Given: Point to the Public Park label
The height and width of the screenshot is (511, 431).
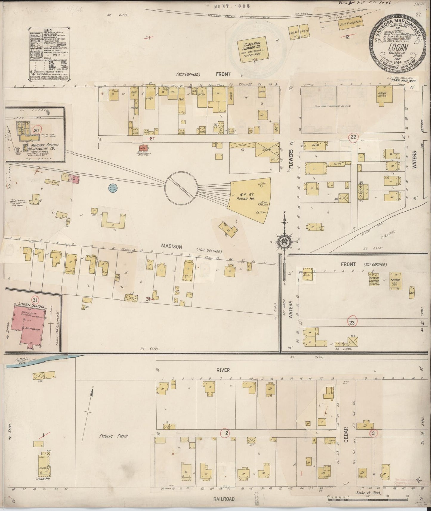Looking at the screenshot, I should [x=114, y=436].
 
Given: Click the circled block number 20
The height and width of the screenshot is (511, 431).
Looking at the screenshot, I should [x=37, y=130].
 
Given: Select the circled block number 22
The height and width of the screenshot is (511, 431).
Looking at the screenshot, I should [x=353, y=137].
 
